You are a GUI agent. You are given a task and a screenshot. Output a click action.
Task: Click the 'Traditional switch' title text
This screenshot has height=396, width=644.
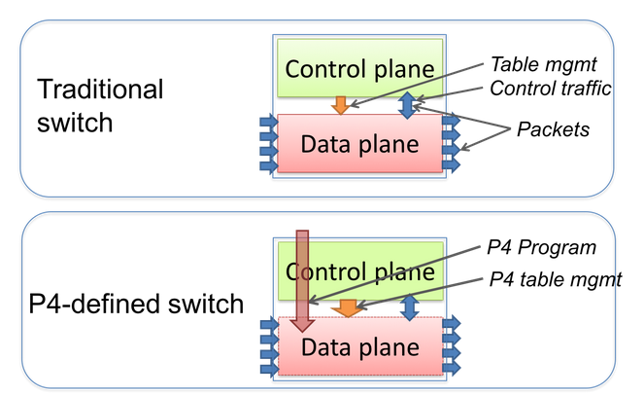[x=100, y=107]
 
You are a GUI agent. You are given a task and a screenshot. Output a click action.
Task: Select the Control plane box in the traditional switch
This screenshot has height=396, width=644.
[x=359, y=68]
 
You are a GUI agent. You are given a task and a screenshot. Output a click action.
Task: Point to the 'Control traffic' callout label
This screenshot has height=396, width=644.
[x=551, y=90]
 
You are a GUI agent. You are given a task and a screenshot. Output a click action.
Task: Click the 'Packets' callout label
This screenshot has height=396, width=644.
[x=554, y=129]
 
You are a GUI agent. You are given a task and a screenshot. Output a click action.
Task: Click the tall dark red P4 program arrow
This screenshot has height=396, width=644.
[x=302, y=282]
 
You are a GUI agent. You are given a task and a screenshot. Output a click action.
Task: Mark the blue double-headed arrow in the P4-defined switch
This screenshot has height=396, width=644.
[x=409, y=307]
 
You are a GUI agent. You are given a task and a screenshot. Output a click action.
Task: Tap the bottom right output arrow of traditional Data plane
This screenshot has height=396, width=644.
[x=451, y=165]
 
